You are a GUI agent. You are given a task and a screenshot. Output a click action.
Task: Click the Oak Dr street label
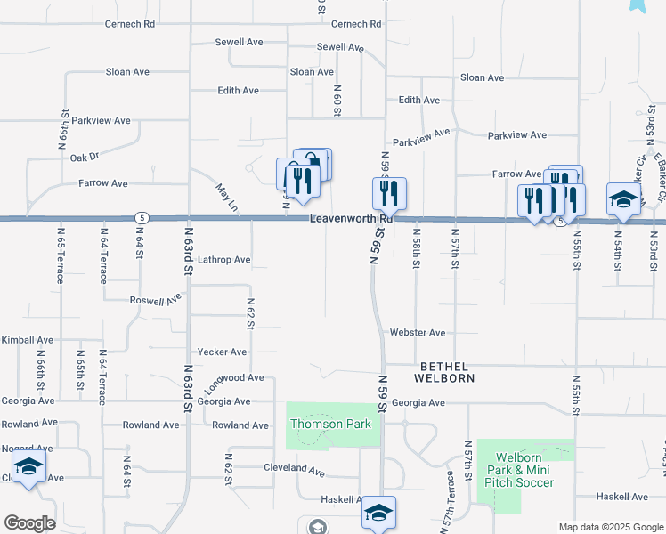[84, 158]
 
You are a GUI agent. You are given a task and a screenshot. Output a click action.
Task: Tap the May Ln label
[227, 198]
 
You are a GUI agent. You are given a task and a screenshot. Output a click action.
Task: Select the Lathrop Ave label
[224, 261]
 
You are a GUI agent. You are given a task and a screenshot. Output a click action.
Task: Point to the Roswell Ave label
[156, 302]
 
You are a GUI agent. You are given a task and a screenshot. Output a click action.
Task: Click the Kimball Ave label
[28, 340]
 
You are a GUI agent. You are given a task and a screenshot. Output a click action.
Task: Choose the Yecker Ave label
[222, 352]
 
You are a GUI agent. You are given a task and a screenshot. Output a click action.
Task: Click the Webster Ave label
[417, 333]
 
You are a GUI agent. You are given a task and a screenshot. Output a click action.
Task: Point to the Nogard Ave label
[25, 449]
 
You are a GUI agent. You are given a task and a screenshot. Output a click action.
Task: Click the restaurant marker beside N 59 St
[389, 193]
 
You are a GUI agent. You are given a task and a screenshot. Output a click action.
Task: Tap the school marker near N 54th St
[623, 198]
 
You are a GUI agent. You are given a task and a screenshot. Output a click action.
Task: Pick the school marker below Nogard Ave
[28, 469]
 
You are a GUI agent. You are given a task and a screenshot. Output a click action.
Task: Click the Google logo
[30, 523]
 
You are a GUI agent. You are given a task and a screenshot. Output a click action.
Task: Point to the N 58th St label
[416, 253]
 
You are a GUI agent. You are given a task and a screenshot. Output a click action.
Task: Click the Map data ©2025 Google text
[610, 527]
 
